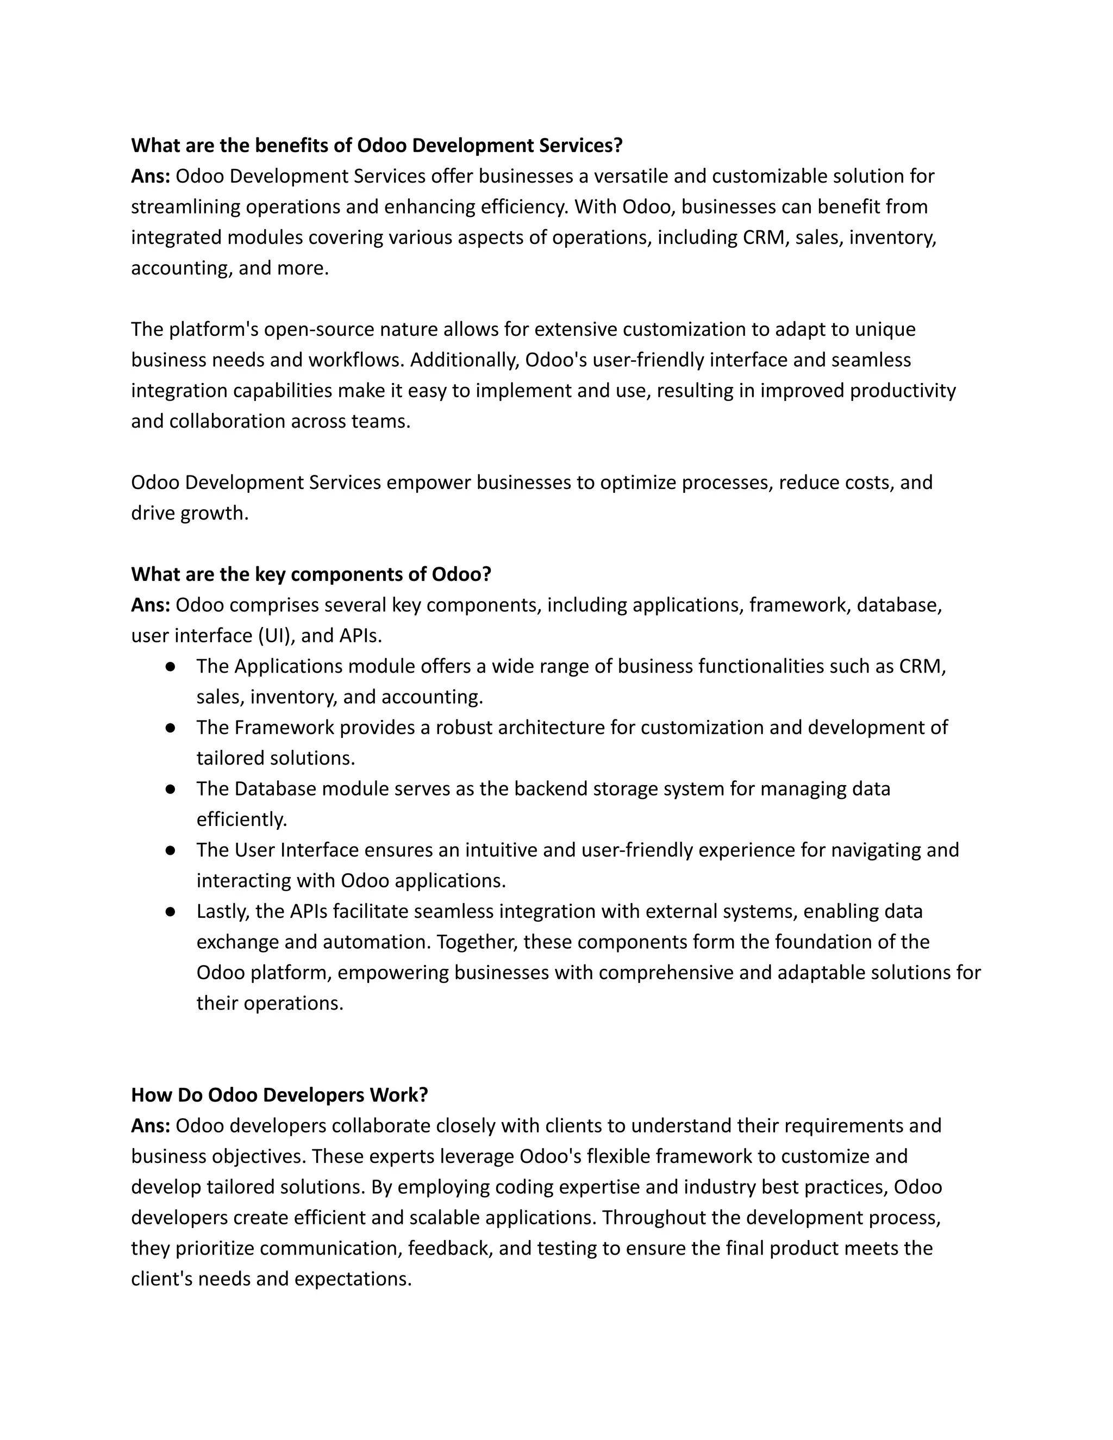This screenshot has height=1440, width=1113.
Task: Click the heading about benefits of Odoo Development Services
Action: coord(377,146)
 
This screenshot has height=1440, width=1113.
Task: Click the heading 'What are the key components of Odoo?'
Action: coord(311,574)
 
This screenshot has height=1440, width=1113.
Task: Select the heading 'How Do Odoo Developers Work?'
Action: coord(279,1095)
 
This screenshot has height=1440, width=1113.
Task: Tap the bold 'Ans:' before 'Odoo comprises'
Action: coord(151,605)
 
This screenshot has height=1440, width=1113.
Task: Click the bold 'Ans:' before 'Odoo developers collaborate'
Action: coord(151,1126)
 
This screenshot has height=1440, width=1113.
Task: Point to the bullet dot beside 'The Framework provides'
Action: coord(170,728)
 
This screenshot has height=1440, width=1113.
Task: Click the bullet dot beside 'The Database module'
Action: coord(170,789)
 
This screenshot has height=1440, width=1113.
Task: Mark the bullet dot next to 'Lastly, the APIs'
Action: coord(170,912)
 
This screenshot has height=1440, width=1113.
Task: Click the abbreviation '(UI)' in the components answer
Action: coord(276,636)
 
